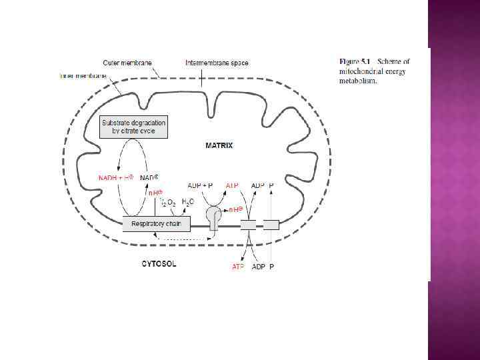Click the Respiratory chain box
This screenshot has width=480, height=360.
tap(157, 224)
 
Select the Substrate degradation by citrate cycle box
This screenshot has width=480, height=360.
tap(133, 127)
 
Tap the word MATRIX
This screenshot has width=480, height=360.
tap(219, 145)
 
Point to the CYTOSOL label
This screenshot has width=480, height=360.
tap(159, 263)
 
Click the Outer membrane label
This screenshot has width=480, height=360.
tap(127, 63)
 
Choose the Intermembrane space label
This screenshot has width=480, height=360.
tap(217, 63)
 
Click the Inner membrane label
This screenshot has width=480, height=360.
tap(83, 75)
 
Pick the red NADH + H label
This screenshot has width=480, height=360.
tap(116, 178)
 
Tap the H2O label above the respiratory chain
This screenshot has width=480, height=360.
tap(188, 201)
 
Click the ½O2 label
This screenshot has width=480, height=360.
tap(167, 202)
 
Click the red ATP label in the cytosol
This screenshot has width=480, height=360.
tap(238, 267)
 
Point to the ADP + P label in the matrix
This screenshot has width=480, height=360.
tap(200, 185)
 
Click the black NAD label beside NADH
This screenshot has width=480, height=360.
tap(149, 178)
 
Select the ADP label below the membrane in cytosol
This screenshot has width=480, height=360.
tap(257, 267)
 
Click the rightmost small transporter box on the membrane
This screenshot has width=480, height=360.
tap(271, 225)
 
